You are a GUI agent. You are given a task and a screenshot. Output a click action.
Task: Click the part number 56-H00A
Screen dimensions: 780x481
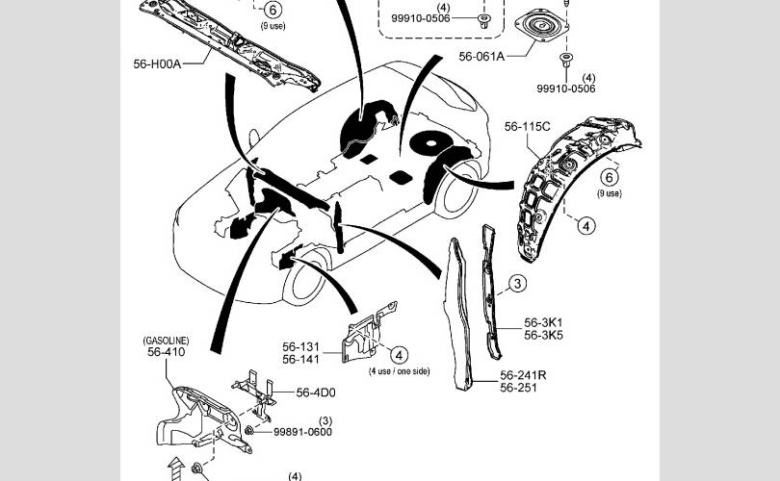[x=157, y=63]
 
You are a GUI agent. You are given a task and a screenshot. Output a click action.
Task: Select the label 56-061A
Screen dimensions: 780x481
[x=481, y=57]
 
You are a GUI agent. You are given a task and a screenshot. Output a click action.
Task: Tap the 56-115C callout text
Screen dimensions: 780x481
[x=528, y=127]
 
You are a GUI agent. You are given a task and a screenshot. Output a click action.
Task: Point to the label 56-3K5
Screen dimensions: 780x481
[x=543, y=336]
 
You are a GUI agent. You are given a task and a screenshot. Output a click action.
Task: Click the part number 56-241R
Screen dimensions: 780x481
[x=523, y=375]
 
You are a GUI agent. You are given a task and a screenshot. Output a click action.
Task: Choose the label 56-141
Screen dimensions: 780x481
[x=301, y=359]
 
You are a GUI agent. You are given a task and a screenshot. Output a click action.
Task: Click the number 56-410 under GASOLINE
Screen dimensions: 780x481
[x=167, y=352]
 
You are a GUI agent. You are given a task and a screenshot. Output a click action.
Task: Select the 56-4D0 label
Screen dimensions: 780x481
[x=316, y=392]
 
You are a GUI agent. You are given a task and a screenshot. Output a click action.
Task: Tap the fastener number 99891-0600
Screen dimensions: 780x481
[x=303, y=432]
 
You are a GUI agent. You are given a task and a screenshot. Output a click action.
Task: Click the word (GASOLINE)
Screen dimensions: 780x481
[x=167, y=341]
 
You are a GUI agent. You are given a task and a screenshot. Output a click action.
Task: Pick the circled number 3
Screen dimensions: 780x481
[x=518, y=283]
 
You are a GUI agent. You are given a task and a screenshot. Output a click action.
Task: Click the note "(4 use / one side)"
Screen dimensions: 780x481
[x=399, y=371]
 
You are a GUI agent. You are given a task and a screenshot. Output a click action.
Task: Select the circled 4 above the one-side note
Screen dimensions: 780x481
[x=399, y=355]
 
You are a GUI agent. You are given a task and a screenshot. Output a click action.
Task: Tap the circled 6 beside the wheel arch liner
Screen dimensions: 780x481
[x=610, y=177]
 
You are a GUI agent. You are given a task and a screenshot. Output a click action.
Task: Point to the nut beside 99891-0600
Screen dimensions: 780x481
[x=249, y=430]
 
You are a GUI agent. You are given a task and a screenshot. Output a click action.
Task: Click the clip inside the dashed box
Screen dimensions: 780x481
[x=483, y=21]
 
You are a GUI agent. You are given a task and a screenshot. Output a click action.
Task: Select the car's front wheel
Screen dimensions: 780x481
[x=304, y=277]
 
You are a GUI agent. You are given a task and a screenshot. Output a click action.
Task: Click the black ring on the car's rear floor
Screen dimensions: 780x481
[x=430, y=142]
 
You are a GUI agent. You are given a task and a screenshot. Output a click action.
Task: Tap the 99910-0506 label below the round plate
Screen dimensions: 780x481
[x=566, y=89]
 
